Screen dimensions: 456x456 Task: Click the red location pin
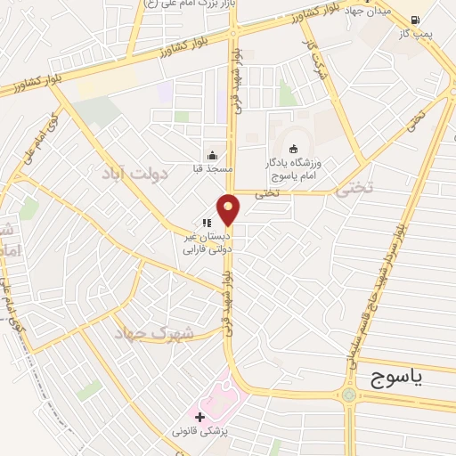pos(229,210)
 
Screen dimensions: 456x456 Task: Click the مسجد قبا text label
pos(213,168)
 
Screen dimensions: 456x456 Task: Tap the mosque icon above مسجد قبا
pos(212,154)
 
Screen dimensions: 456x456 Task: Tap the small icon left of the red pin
pos(207,224)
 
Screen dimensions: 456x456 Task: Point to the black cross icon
pos(199,416)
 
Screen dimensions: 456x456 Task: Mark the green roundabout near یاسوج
pos(347,395)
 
